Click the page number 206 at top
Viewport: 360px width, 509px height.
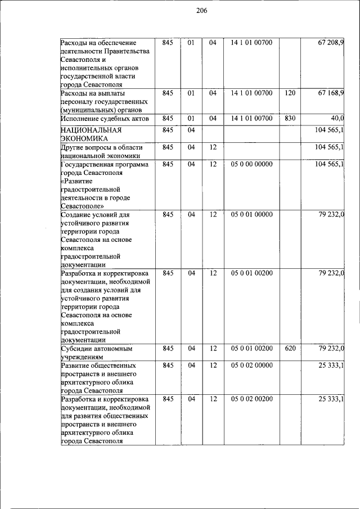click(x=186, y=10)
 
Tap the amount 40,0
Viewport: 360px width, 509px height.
click(x=337, y=118)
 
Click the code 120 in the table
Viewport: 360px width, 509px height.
click(x=290, y=93)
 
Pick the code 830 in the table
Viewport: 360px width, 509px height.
click(x=290, y=118)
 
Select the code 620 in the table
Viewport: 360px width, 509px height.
click(x=290, y=348)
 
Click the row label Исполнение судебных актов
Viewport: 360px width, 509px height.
click(x=105, y=119)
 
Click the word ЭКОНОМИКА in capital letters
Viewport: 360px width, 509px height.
click(x=81, y=138)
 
